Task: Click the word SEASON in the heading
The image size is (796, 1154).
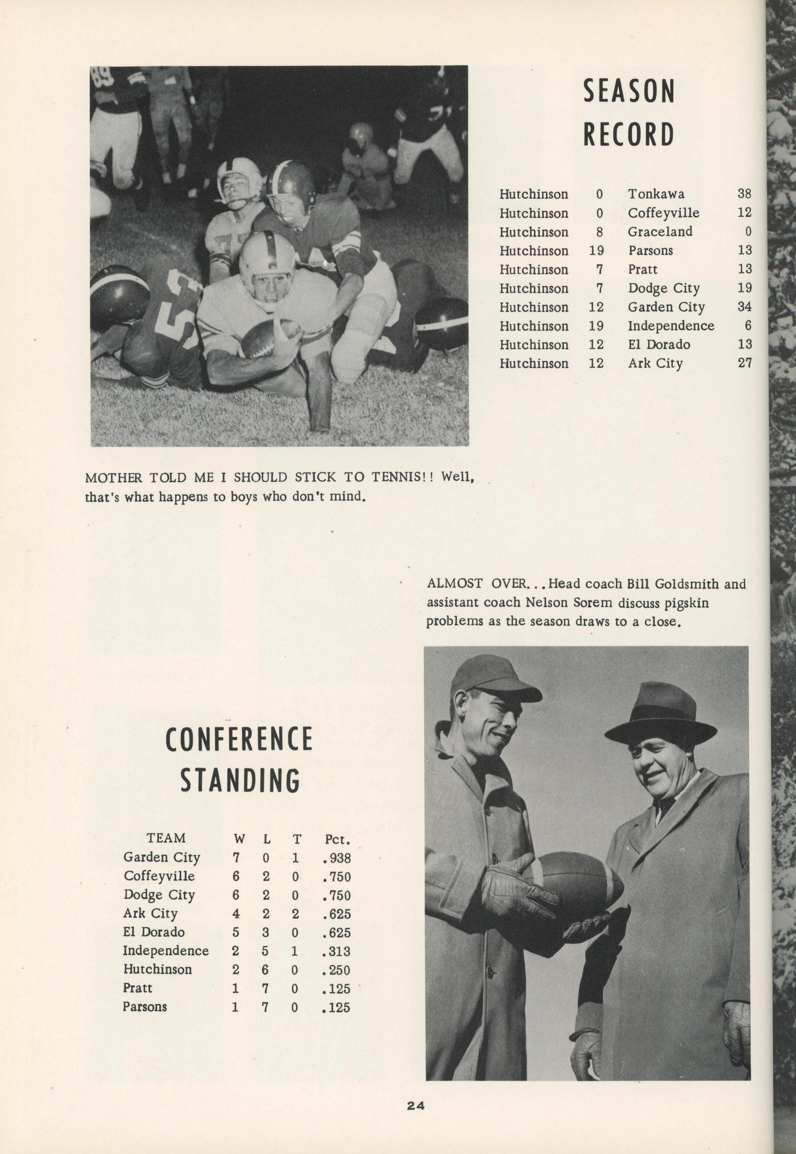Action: point(629,91)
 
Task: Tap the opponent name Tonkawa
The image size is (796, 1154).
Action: point(656,194)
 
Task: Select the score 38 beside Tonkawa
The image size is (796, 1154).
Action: point(744,194)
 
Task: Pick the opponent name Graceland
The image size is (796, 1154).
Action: point(660,232)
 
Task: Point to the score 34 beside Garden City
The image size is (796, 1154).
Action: point(744,306)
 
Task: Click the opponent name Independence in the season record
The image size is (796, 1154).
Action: point(670,326)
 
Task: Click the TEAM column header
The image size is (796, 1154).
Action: point(166,838)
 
